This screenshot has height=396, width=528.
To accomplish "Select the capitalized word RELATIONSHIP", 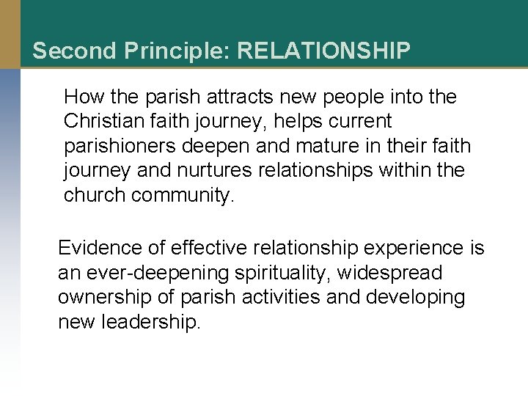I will click(324, 51).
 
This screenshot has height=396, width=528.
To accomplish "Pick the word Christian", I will click(100, 121).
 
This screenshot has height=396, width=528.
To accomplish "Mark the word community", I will click(194, 196).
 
